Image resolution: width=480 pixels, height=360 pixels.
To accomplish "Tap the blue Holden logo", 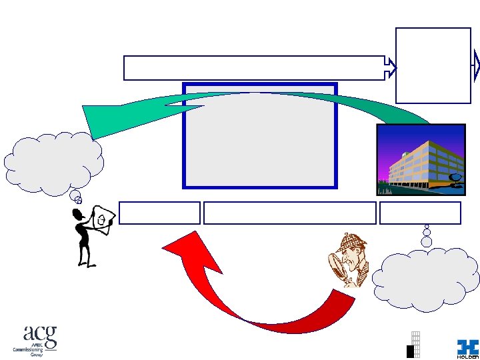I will [x=467, y=347].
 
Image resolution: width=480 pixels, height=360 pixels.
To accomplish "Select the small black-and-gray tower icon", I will [x=414, y=345].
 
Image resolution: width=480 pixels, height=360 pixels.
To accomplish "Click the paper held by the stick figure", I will [x=104, y=217].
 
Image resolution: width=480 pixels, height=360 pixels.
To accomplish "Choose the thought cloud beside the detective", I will [x=425, y=279].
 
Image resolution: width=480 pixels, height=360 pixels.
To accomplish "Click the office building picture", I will [x=420, y=160].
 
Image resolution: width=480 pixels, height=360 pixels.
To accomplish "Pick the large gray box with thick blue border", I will [x=260, y=135].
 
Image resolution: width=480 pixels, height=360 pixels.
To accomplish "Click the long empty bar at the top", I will [x=254, y=68].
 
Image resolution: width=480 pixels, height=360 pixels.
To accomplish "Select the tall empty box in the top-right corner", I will [x=433, y=65].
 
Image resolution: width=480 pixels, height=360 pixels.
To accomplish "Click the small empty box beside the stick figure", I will [x=160, y=213].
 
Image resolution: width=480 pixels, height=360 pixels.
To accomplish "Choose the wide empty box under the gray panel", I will [x=290, y=213].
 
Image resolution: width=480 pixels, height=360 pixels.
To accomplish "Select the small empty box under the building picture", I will [x=420, y=213].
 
